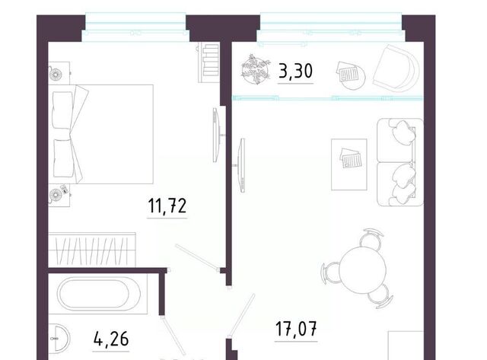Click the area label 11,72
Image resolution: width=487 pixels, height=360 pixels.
[167, 205]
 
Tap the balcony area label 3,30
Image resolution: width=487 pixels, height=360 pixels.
[295, 71]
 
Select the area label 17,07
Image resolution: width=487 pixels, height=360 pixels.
[296, 329]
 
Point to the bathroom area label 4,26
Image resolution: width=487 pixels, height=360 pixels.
[111, 338]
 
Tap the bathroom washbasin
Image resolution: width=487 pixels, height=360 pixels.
[59, 338]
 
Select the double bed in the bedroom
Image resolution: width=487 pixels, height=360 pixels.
[101, 134]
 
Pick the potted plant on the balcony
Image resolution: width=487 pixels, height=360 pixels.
[256, 69]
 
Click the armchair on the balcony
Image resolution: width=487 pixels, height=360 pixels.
[396, 68]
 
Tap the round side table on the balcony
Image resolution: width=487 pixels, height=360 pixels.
[351, 76]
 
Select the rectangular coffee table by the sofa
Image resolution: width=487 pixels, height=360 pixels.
[349, 164]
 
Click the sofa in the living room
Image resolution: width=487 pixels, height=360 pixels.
[400, 162]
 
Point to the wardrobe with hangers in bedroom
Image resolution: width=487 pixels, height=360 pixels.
[92, 250]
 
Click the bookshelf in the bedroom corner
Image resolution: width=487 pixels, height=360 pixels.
[208, 62]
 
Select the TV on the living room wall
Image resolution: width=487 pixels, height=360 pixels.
[240, 165]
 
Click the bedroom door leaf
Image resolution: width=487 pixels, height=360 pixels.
[198, 257]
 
